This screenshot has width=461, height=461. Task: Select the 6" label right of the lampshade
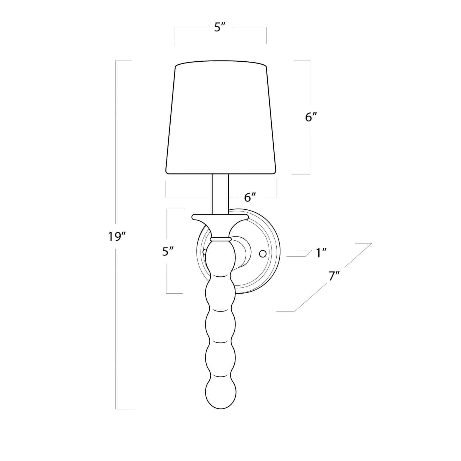point(311,117)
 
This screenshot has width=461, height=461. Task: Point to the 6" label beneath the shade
point(250,197)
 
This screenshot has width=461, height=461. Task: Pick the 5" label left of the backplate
point(168,252)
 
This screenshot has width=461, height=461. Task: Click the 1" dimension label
point(321,253)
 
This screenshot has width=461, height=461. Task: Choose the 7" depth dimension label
point(334,276)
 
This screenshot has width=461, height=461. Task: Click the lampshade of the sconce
point(221,118)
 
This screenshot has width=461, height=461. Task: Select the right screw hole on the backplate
point(262,254)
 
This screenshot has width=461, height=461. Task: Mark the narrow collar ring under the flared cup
point(221,239)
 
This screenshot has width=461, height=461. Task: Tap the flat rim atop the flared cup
point(221,216)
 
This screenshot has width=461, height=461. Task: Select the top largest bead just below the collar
point(221,255)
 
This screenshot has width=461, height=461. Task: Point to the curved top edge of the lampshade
point(221,62)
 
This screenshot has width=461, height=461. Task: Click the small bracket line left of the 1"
point(300,254)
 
